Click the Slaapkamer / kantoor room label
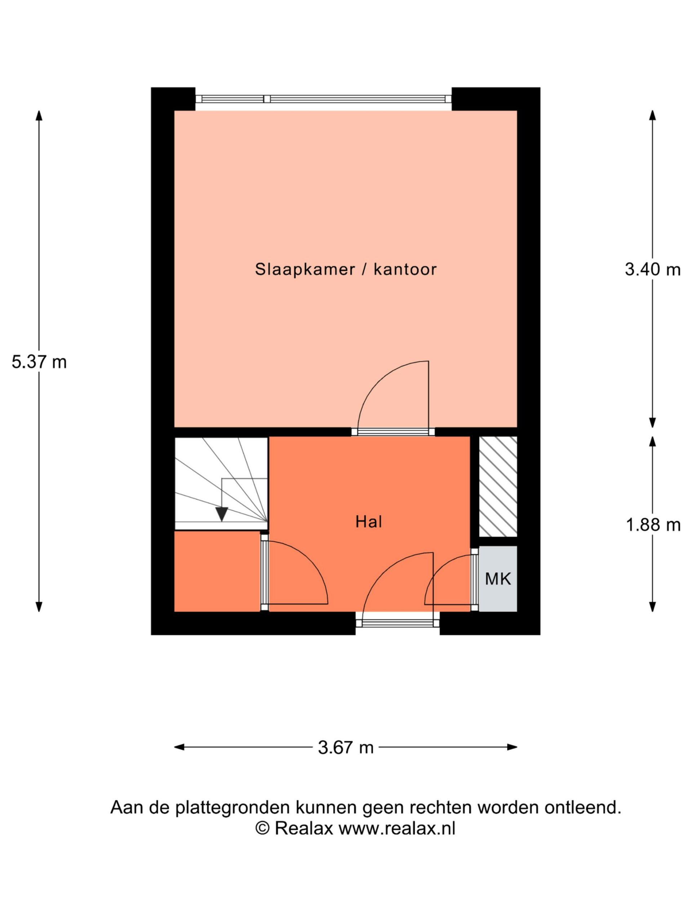[345, 269]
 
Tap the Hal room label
[368, 522]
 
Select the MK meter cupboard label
[498, 578]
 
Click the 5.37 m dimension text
[39, 362]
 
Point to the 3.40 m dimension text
[652, 269]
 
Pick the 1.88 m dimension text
[653, 525]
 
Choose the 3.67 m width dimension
[345, 747]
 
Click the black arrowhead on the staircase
[222, 514]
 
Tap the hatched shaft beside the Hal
[498, 487]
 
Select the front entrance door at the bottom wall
[397, 623]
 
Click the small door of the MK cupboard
[448, 581]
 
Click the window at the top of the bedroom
[323, 99]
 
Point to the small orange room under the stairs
[217, 571]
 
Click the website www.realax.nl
[397, 828]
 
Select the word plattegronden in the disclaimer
[232, 807]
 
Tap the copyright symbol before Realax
[262, 828]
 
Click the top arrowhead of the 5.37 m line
[39, 115]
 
